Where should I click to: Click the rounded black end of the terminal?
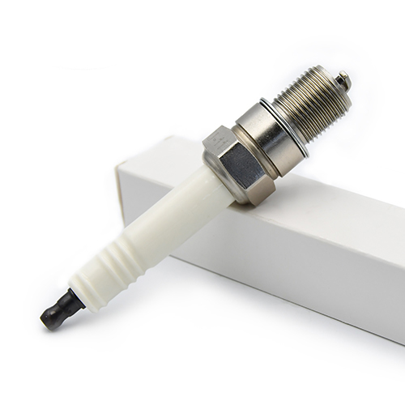tap(51, 318)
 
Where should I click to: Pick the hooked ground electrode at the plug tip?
tap(344, 79)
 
